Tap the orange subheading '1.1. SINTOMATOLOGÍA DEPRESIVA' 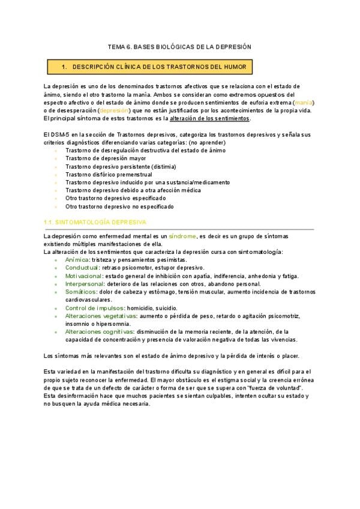[x=95, y=222]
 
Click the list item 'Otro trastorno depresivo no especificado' [x=120, y=206]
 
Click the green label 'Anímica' [x=77, y=260]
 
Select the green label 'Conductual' [x=82, y=268]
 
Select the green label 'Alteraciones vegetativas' [x=100, y=316]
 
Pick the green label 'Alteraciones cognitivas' [x=99, y=331]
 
